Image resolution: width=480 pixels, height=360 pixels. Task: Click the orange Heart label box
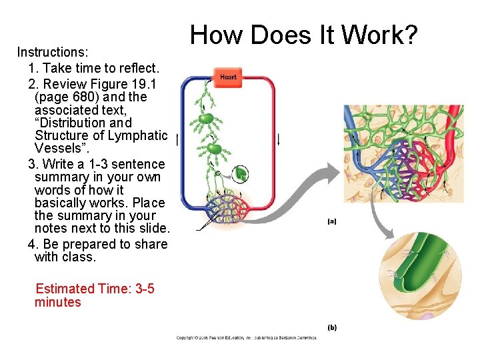coord(228,77)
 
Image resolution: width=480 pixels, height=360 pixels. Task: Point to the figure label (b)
coord(332,327)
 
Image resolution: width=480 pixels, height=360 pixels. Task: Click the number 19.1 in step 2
coord(149,83)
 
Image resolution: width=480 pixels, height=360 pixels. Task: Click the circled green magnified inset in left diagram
coord(240,175)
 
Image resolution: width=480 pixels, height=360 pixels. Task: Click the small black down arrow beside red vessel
coord(279,139)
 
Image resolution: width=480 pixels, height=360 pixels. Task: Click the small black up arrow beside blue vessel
coord(177,140)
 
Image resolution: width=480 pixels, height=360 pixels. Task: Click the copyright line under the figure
coord(247,338)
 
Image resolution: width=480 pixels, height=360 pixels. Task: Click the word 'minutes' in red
coord(57,302)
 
